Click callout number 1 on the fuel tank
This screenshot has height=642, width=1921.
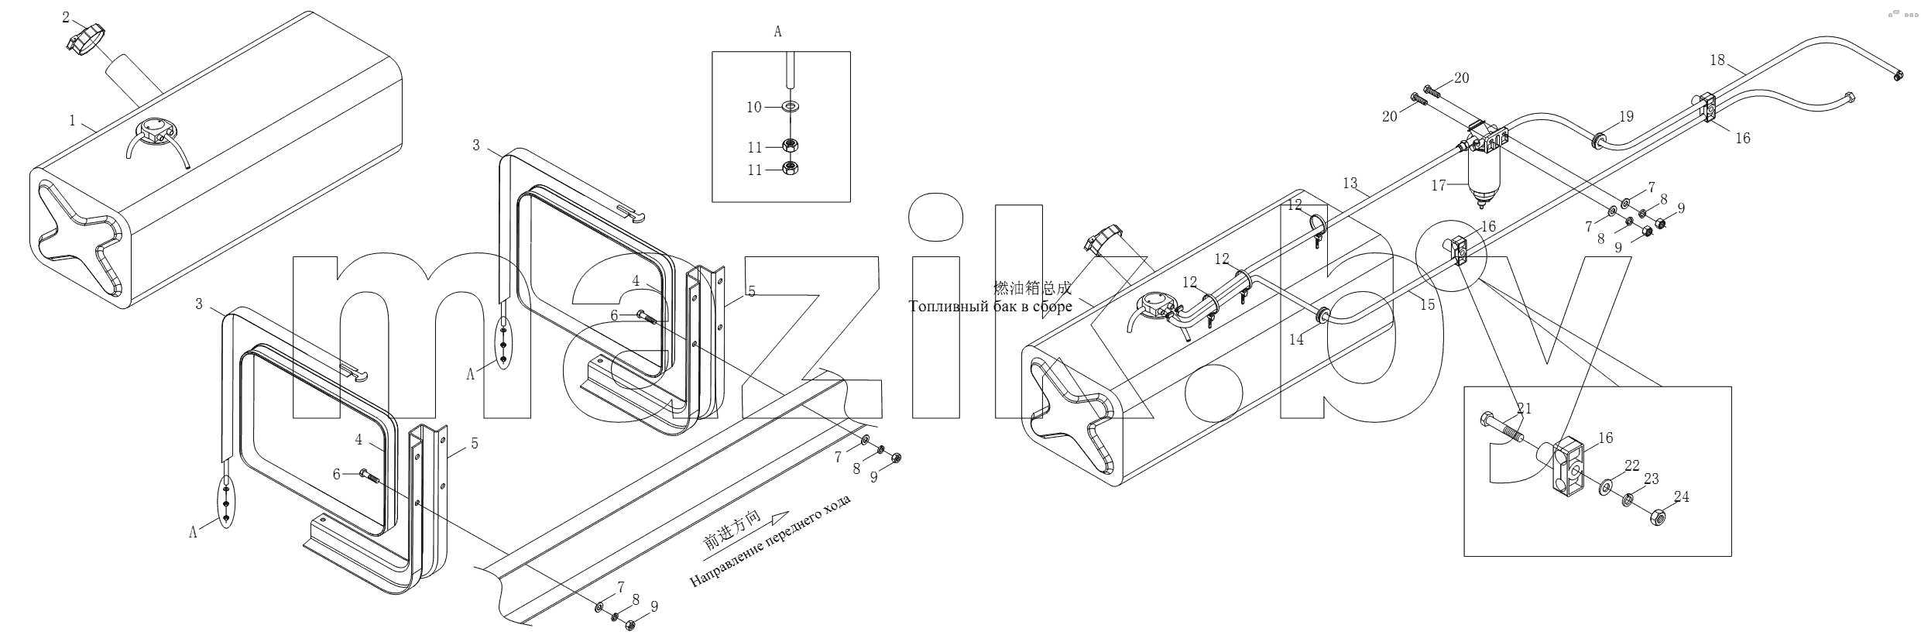coord(72,120)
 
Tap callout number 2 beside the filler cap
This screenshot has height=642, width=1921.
coord(66,17)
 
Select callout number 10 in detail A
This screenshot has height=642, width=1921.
coord(754,107)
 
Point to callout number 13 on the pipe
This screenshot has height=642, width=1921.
coord(1350,184)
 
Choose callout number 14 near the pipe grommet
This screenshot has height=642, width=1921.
coord(1296,339)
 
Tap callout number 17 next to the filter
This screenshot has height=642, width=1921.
coord(1439,186)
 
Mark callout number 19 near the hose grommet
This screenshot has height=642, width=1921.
coord(1626,116)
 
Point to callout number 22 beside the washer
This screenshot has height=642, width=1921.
coord(1632,465)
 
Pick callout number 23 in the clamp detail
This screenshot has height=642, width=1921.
coord(1652,479)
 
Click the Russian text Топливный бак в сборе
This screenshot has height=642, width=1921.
coord(991,307)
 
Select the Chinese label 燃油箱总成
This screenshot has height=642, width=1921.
coord(1032,289)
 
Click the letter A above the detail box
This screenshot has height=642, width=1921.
coord(777,32)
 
